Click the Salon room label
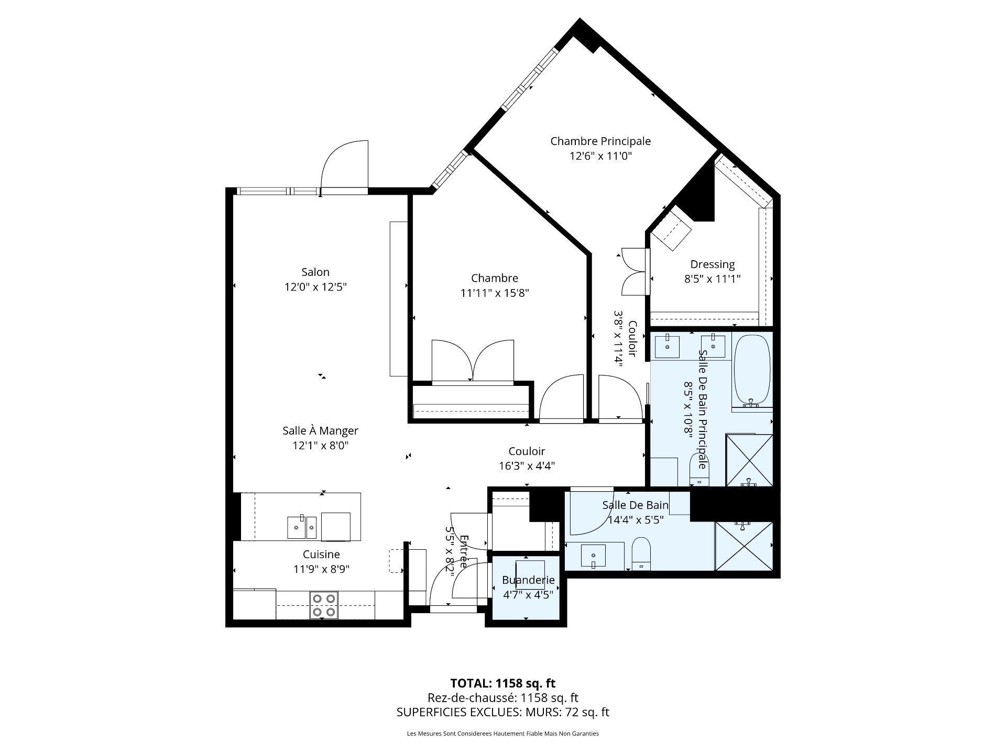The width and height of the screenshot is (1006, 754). coord(315,272)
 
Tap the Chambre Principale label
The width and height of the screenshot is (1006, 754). coord(600,141)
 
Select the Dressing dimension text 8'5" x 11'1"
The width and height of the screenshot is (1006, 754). coord(712,279)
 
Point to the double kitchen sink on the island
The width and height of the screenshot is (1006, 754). coord(302,527)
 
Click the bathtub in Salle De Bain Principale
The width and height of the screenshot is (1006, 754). coord(752,370)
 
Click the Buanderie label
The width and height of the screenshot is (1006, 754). coord(528,580)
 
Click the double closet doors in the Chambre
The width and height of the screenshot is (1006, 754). coord(473,361)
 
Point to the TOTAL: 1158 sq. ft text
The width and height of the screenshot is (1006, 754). coord(502,683)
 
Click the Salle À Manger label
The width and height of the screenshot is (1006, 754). coord(320,431)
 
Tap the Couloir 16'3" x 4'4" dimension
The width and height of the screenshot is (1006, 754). coord(527,466)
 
